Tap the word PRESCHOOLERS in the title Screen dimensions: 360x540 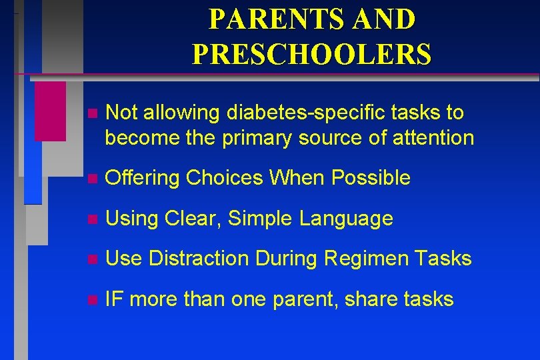coord(311,54)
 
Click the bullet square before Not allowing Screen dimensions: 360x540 coord(91,114)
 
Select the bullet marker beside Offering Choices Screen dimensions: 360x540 coord(91,179)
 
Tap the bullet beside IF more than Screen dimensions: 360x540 coord(91,300)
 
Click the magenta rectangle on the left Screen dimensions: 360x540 coord(50,111)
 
